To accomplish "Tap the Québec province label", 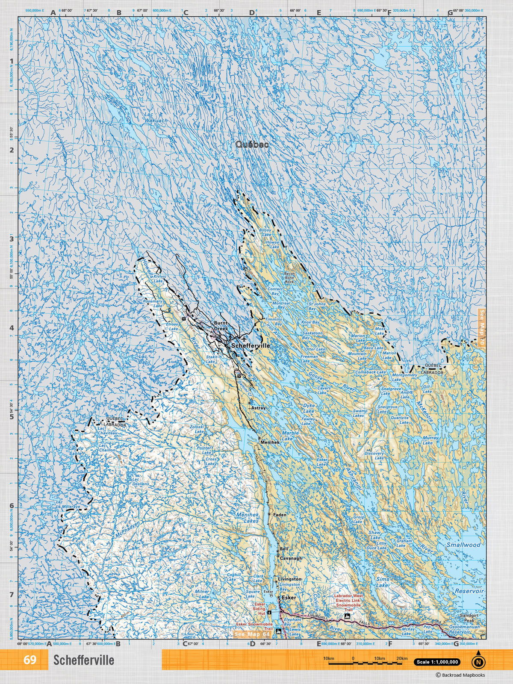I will pos(252,145).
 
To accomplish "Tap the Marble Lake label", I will pos(287,436).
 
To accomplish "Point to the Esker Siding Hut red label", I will pos(260,609).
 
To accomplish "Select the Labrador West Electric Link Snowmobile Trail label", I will pos(347,600).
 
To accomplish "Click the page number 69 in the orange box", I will pos(29,660).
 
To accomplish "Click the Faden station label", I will pos(279,515).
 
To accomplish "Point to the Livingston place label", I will pos(289,579).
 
